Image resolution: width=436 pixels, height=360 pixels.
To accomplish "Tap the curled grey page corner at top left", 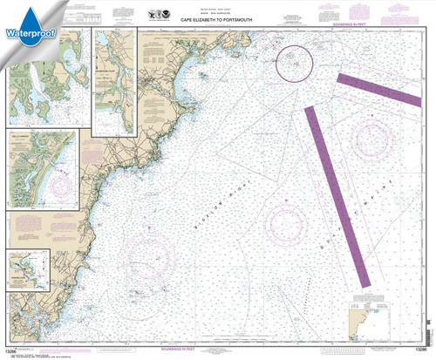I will coord(9,9).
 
